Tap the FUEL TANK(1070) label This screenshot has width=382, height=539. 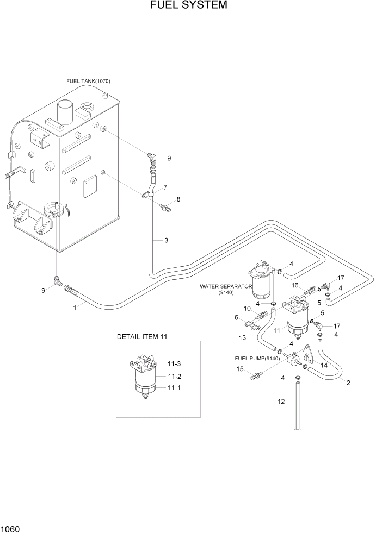[x=88, y=81]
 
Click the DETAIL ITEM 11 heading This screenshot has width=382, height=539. [x=141, y=337]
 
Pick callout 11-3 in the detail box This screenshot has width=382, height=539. [x=174, y=365]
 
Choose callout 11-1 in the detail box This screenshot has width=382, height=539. [x=174, y=388]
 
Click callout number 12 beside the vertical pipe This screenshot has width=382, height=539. [x=281, y=402]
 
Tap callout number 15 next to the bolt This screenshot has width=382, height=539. [x=240, y=369]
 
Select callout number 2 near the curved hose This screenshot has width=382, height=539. [x=348, y=382]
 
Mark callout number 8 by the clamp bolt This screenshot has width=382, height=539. [x=178, y=199]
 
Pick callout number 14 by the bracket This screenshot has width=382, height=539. [x=324, y=365]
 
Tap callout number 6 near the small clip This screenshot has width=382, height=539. [x=237, y=317]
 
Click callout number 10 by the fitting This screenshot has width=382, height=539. [x=247, y=308]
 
